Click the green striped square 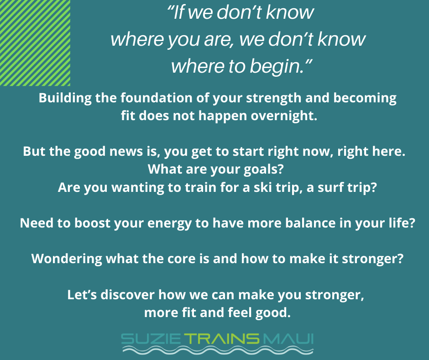coord(35,43)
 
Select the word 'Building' coord(65,98)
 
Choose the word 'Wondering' coord(67,259)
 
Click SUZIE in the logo coord(151,339)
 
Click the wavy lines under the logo coord(218,350)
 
